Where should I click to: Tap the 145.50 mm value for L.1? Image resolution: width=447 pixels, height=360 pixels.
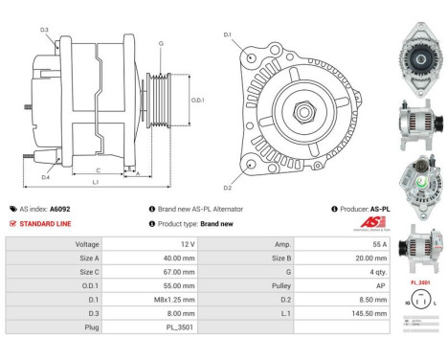(353, 311)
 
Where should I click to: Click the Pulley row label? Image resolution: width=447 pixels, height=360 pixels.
(282, 284)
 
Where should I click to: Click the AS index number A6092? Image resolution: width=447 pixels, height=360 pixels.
(60, 208)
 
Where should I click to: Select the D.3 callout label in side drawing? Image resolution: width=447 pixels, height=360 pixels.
(44, 31)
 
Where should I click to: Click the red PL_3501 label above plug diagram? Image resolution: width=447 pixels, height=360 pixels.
(419, 283)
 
